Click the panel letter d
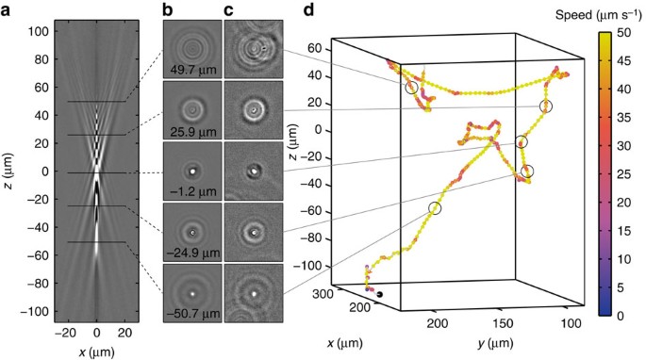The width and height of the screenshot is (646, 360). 306,12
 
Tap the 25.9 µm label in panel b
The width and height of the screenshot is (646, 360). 192,128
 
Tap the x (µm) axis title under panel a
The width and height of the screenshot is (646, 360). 96,351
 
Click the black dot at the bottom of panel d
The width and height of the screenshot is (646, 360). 378,295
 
